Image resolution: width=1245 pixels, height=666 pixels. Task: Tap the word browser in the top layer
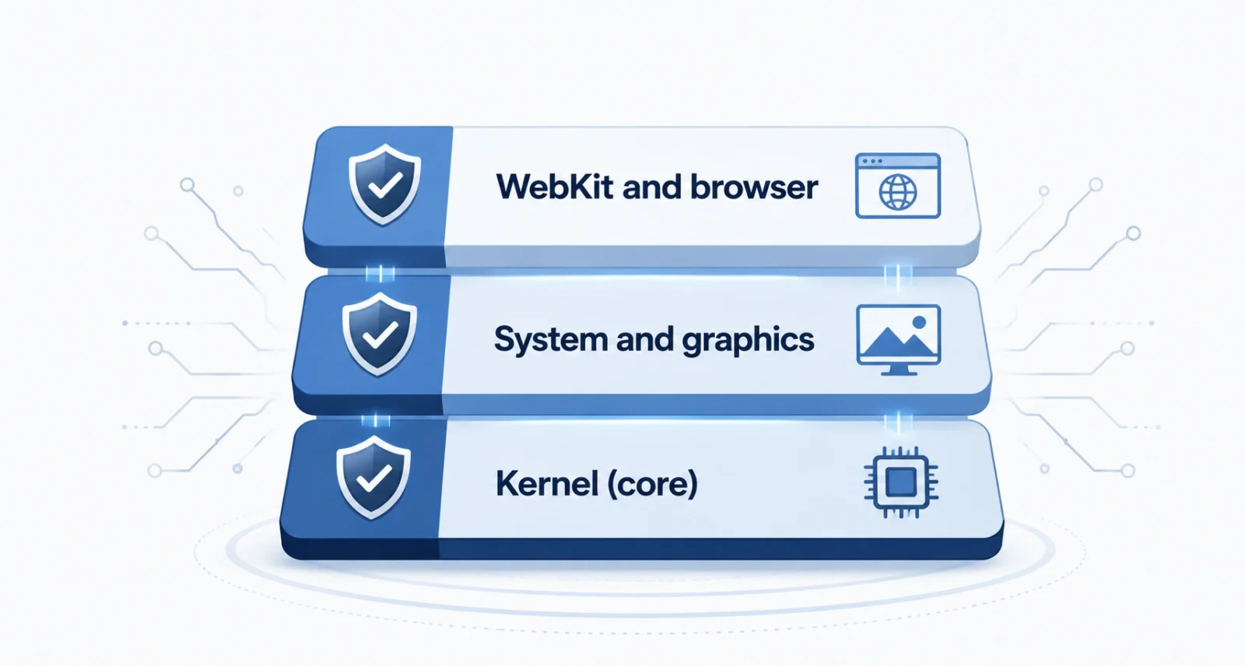pos(754,187)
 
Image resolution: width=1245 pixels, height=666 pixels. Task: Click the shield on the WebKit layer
pos(384,184)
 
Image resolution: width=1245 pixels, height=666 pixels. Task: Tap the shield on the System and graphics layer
pos(380,334)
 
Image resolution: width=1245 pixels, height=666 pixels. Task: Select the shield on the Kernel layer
pos(373,477)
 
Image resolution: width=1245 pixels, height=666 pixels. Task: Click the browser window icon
pos(898,186)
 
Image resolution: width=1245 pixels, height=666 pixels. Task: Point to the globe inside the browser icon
pos(898,192)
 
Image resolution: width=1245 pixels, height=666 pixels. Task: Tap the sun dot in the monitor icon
pos(919,322)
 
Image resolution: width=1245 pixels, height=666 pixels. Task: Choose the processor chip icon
pos(901,482)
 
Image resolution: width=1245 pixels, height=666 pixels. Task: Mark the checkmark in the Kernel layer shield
pos(374,478)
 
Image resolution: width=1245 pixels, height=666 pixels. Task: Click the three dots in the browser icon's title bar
pos(872,161)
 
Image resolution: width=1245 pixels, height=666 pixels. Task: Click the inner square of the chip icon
pos(901,482)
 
